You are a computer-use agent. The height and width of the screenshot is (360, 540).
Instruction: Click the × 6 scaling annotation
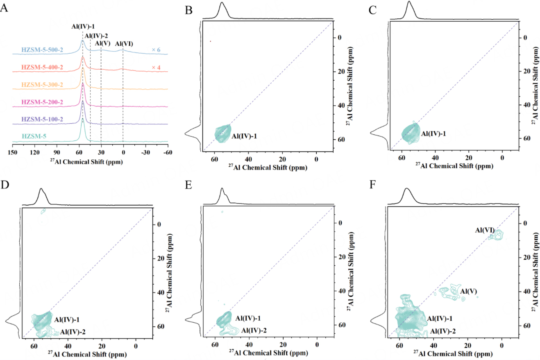(156, 50)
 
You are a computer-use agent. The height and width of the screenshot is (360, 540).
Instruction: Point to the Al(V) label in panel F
(468, 292)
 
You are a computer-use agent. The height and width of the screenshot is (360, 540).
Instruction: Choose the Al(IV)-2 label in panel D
(73, 332)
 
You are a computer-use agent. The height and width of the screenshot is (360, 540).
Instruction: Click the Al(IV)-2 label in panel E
(254, 330)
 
